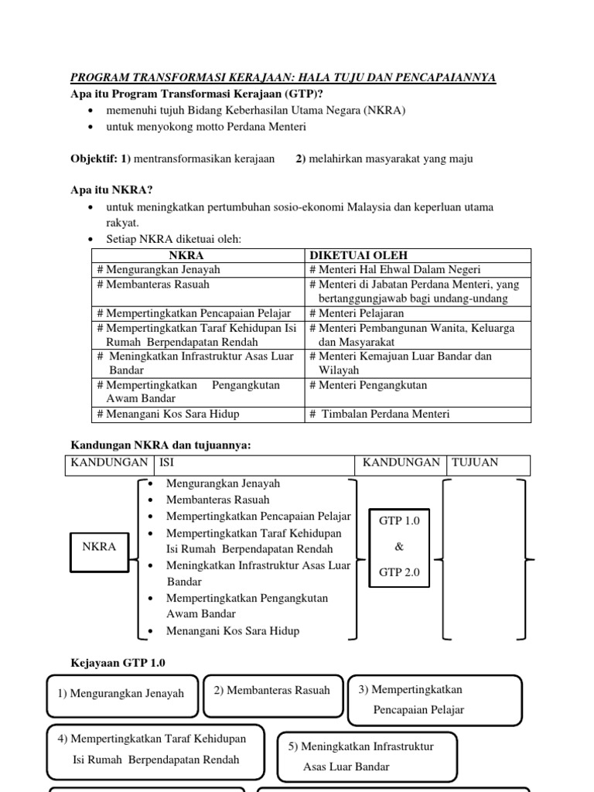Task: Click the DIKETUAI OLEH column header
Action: tap(358, 255)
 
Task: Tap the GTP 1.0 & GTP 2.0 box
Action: tap(399, 547)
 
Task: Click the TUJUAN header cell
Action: tap(488, 464)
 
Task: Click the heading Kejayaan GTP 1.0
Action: tap(118, 663)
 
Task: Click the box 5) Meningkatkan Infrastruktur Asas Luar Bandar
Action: tap(367, 757)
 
